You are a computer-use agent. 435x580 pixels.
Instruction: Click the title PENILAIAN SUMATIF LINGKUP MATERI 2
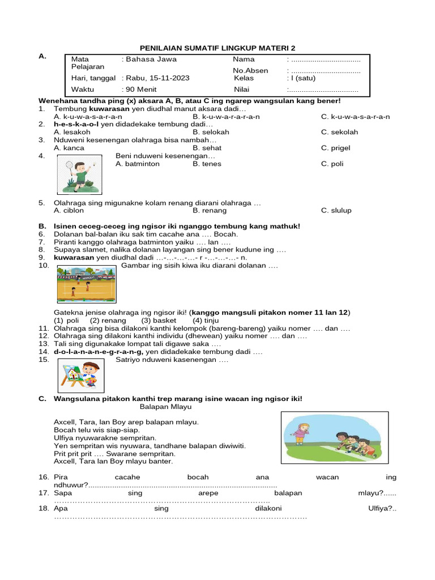217,49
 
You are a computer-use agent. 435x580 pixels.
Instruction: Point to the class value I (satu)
303,78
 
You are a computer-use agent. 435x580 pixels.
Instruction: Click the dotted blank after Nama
325,59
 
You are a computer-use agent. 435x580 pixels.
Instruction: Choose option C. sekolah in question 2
339,132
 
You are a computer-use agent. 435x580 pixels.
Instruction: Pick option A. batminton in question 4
138,164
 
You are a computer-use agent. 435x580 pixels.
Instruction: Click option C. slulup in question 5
336,210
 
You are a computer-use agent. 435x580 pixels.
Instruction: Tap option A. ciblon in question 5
69,210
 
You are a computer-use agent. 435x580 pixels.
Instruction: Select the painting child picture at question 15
81,374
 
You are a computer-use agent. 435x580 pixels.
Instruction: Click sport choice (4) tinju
204,320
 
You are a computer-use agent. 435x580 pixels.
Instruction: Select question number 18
44,509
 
